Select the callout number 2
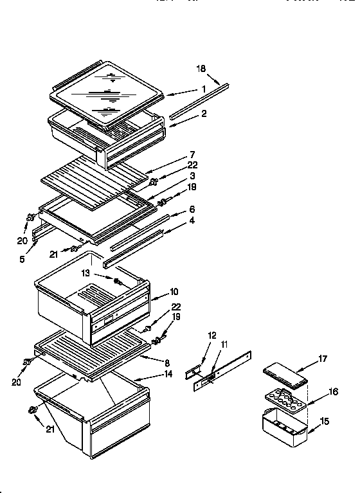pos(203,113)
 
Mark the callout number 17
pos(323,360)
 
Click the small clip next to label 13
pos(118,281)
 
